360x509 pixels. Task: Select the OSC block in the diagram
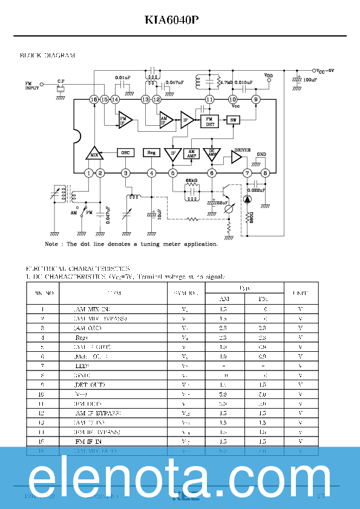(125, 153)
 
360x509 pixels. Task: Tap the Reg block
(151, 153)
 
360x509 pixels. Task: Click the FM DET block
(210, 121)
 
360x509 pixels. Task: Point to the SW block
(233, 120)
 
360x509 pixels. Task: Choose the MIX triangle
(93, 154)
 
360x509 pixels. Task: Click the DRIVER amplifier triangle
(237, 157)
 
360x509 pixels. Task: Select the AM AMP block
(192, 154)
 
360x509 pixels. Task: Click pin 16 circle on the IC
(93, 99)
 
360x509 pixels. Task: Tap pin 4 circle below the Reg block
(151, 173)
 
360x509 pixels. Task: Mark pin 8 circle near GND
(264, 173)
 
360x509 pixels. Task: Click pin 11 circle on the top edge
(209, 99)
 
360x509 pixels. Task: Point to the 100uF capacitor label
(310, 80)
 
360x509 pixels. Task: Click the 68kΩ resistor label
(191, 181)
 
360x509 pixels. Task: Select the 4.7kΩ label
(226, 82)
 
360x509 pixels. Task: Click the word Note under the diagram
(51, 244)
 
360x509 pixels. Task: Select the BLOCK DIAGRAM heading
(48, 56)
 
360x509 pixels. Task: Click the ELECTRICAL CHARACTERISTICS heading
(77, 268)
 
